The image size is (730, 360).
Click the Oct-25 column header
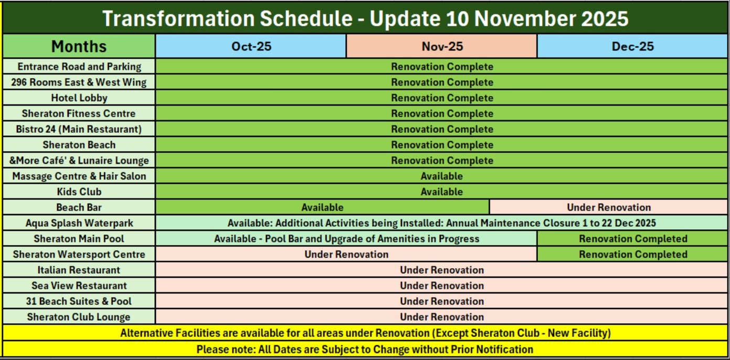coord(251,46)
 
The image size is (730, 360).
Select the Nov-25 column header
coord(442,46)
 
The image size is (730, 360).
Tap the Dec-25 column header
coord(632,46)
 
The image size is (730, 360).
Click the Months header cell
coord(79,46)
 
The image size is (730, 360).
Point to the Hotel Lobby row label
coord(79,98)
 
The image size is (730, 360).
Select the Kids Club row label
coord(79,192)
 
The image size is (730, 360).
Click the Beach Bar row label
coord(79,207)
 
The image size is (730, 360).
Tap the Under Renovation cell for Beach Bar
coord(609,207)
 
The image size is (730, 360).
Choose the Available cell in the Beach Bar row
coord(322,207)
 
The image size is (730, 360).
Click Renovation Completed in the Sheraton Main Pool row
coord(633,238)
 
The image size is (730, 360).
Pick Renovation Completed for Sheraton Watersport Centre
coord(633,254)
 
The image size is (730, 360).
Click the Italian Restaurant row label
coord(79,270)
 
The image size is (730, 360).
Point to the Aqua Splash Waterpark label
coord(79,223)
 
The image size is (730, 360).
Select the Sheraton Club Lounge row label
coord(79,316)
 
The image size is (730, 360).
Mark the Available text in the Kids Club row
coord(441,192)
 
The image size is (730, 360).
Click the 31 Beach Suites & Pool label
coord(79,301)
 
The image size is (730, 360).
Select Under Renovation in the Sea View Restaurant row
coord(442,285)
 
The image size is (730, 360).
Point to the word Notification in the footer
coord(505,350)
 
